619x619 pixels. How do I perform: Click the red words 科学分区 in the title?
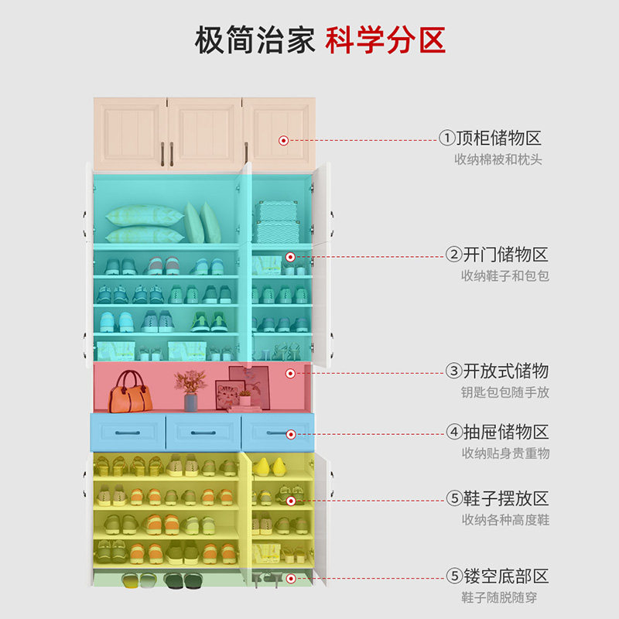pyautogui.click(x=385, y=39)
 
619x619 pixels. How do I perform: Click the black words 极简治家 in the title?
pyautogui.click(x=255, y=39)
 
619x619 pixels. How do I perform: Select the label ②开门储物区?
pyautogui.click(x=497, y=255)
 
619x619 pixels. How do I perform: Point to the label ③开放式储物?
pyautogui.click(x=497, y=371)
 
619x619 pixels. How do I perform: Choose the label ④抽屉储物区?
pyautogui.click(x=497, y=432)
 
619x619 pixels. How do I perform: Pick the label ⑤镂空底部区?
pyautogui.click(x=497, y=576)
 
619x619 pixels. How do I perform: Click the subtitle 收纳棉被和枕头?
pyautogui.click(x=498, y=160)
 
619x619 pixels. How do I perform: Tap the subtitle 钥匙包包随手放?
pyautogui.click(x=505, y=392)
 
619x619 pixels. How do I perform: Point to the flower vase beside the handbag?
pyautogui.click(x=190, y=391)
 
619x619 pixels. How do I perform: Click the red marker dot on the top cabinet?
pyautogui.click(x=283, y=140)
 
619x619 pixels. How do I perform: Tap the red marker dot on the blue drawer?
pyautogui.click(x=290, y=434)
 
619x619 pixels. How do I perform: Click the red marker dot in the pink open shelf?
pyautogui.click(x=290, y=373)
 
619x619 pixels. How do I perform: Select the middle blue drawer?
pyautogui.click(x=203, y=432)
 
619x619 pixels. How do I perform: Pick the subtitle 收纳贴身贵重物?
pyautogui.click(x=505, y=453)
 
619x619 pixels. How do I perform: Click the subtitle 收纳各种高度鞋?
pyautogui.click(x=505, y=520)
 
